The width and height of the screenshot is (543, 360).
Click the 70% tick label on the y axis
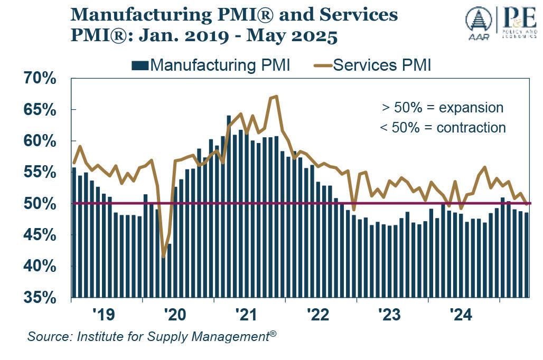coord(39,79)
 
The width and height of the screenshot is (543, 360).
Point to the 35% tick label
coord(39,298)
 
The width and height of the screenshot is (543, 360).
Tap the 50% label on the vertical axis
coord(39,204)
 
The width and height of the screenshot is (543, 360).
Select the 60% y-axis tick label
coord(39,141)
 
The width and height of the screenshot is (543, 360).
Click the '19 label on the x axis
coord(103,315)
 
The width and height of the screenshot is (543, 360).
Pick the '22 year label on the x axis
coord(317,315)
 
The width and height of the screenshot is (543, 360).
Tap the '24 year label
coord(460,315)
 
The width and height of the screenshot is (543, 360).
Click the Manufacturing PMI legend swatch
coord(139,65)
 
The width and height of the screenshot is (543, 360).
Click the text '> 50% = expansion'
coord(442,108)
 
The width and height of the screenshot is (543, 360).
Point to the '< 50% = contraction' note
coord(442,128)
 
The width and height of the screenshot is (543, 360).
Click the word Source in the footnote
coord(46,336)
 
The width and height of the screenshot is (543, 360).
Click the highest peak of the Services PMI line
coord(276,97)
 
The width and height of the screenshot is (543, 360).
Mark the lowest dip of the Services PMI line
coord(163,257)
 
